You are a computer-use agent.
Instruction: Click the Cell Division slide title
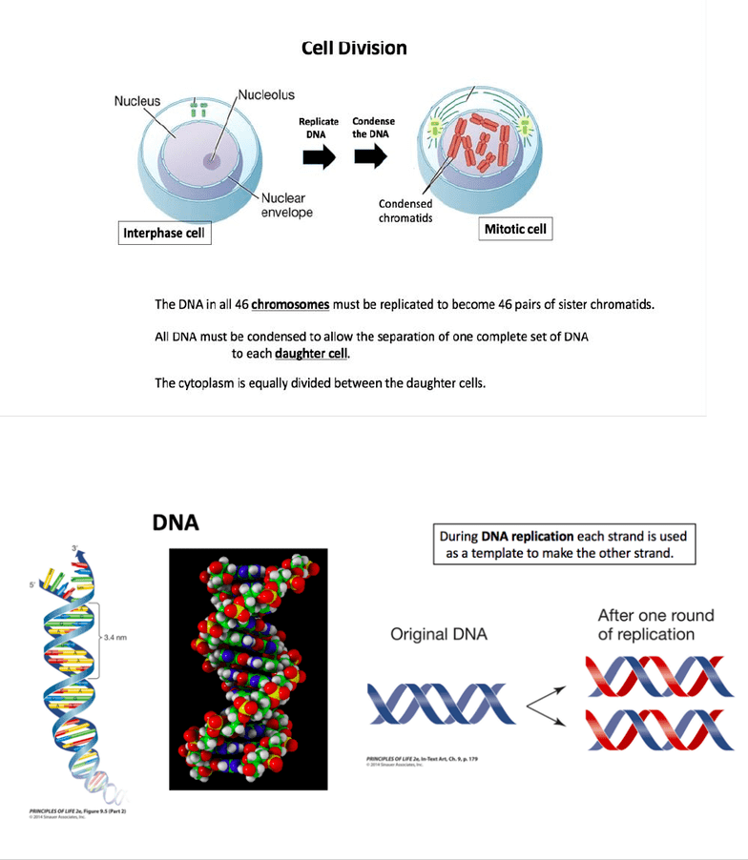(354, 47)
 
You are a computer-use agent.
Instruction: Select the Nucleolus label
(266, 94)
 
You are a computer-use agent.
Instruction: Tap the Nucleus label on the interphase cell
(137, 100)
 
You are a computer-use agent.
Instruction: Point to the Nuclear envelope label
(287, 205)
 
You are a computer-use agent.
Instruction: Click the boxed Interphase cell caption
(164, 234)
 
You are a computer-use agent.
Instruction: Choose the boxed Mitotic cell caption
(517, 230)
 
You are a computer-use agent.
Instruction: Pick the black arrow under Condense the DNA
(370, 157)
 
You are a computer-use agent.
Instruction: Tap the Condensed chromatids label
(405, 211)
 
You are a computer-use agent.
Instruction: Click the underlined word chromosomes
(290, 305)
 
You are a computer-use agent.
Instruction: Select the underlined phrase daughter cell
(313, 354)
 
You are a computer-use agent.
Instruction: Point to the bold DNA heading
(176, 523)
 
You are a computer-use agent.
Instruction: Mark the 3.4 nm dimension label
(116, 639)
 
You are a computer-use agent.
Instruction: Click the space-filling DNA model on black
(247, 668)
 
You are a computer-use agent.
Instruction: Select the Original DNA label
(439, 634)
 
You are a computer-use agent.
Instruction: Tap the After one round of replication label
(655, 625)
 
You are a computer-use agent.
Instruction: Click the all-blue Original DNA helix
(440, 706)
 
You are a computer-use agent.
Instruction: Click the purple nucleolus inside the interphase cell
(211, 161)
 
